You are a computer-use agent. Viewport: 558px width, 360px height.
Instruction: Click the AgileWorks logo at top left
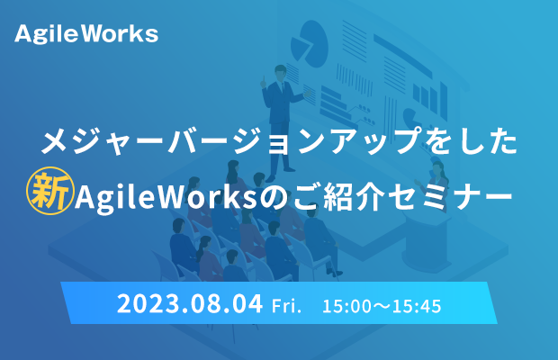[x=86, y=34]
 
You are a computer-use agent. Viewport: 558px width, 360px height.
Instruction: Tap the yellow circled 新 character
[x=50, y=191]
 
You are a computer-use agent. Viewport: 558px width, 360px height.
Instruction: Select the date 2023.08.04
[x=190, y=304]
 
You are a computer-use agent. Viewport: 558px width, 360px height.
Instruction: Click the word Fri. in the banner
[x=286, y=306]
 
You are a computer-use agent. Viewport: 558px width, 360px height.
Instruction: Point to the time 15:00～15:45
[x=382, y=306]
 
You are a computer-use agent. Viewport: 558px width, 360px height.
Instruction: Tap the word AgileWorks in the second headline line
[x=166, y=196]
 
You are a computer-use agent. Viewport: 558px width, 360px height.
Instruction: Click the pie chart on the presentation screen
[x=309, y=43]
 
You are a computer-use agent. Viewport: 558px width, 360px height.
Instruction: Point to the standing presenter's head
[x=281, y=72]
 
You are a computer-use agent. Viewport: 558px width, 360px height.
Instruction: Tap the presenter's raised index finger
[x=264, y=78]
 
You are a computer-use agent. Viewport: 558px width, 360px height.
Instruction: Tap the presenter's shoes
[x=280, y=174]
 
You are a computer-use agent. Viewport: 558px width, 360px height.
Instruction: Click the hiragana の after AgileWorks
[x=273, y=197]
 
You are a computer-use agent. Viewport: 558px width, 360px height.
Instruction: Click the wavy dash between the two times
[x=382, y=306]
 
